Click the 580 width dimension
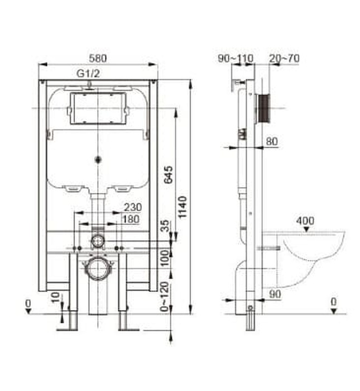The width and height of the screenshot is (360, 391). (x=97, y=58)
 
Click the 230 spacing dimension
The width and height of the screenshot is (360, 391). (x=133, y=207)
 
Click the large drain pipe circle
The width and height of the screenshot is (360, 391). (x=98, y=267)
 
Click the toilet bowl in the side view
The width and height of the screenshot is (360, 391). (x=313, y=254)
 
